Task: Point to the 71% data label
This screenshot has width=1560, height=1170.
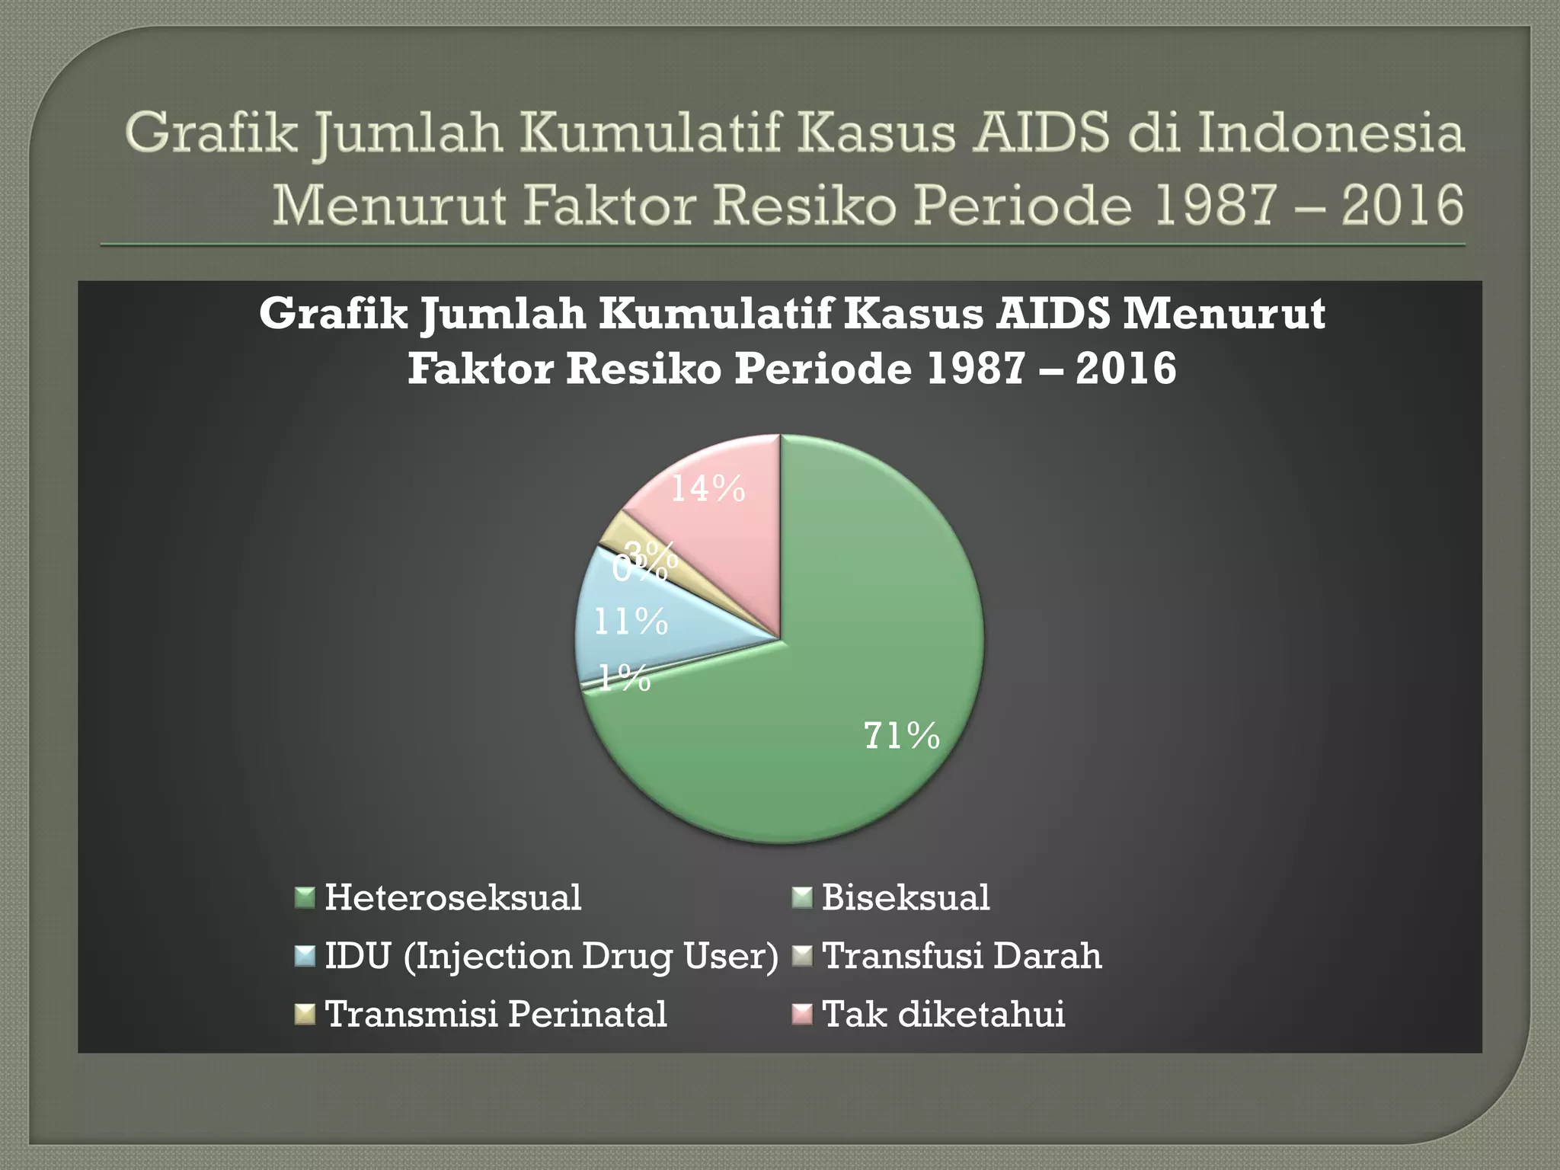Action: pyautogui.click(x=902, y=737)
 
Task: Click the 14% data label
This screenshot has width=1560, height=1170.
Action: pyautogui.click(x=708, y=489)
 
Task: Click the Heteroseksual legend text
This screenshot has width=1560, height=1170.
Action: pyautogui.click(x=453, y=897)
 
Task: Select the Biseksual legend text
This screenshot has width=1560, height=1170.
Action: pyautogui.click(x=906, y=897)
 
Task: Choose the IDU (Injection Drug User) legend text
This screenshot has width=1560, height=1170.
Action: pyautogui.click(x=551, y=956)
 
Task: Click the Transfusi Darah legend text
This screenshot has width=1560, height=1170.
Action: pyautogui.click(x=962, y=956)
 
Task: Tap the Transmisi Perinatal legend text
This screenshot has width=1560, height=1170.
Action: pyautogui.click(x=496, y=1014)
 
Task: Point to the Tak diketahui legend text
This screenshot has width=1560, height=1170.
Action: pyautogui.click(x=944, y=1014)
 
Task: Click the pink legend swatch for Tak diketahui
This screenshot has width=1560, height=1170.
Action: pyautogui.click(x=802, y=1015)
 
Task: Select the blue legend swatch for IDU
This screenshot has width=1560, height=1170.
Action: pyautogui.click(x=305, y=956)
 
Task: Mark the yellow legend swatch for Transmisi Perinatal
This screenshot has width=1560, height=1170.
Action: pyautogui.click(x=305, y=1015)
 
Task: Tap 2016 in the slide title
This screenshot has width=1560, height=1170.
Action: pyautogui.click(x=1402, y=206)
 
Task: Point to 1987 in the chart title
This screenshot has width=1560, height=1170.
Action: pyautogui.click(x=977, y=369)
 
